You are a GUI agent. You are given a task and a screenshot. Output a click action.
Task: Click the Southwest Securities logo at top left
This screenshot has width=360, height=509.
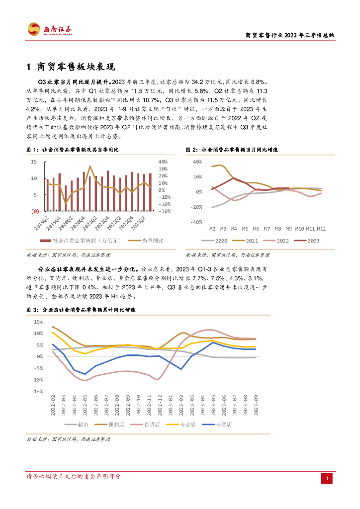click(x=50, y=30)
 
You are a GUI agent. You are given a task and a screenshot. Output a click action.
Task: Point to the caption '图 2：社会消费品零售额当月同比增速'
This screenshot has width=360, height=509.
click(x=232, y=150)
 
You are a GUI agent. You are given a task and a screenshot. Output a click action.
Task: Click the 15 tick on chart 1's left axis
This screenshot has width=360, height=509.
click(x=34, y=162)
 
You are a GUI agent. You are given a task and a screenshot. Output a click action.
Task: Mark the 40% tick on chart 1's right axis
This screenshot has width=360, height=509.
click(x=164, y=162)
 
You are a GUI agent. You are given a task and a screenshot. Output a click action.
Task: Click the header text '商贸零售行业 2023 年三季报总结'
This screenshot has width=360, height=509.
click(x=290, y=36)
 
